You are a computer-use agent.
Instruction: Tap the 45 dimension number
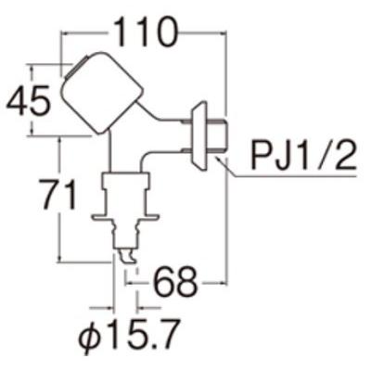(x=28, y=101)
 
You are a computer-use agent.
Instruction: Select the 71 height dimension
(x=59, y=196)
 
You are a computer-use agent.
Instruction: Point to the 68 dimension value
(x=175, y=282)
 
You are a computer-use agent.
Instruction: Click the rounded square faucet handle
(x=101, y=93)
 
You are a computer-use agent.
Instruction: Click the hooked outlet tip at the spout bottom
(x=127, y=256)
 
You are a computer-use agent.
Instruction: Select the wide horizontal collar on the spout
(x=125, y=217)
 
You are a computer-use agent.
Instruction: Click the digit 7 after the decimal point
(x=170, y=335)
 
